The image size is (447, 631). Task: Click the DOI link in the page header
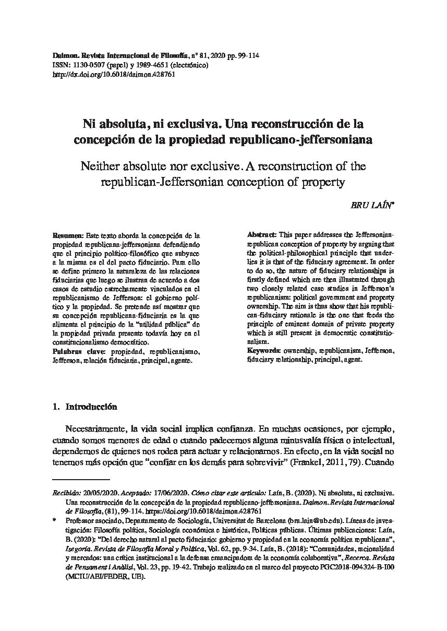[114, 74]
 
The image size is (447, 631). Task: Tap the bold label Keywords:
[263, 352]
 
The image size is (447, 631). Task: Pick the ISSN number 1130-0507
[83, 65]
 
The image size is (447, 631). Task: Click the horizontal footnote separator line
[81, 479]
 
